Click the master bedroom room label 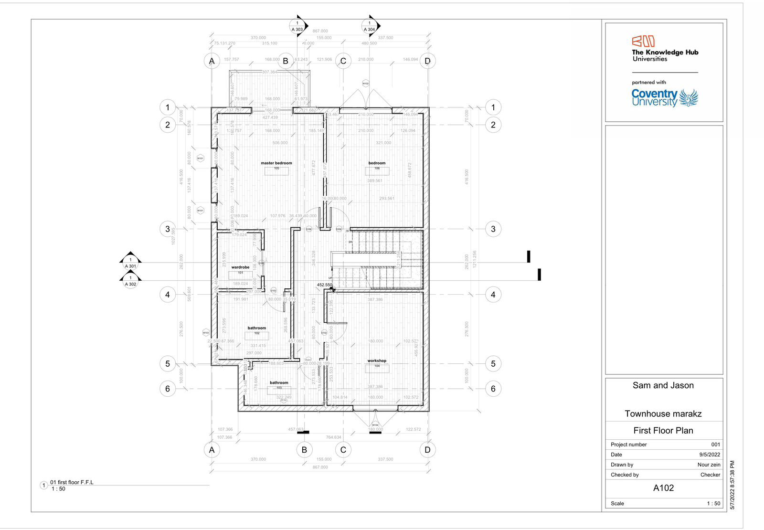pyautogui.click(x=276, y=163)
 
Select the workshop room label pyautogui.click(x=377, y=361)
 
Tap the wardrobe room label pyautogui.click(x=240, y=267)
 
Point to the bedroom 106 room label pyautogui.click(x=377, y=163)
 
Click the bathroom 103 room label pyautogui.click(x=279, y=383)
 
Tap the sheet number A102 pyautogui.click(x=663, y=488)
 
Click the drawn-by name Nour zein pyautogui.click(x=709, y=465)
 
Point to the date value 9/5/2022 pyautogui.click(x=710, y=455)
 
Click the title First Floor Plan pyautogui.click(x=663, y=431)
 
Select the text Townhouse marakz pyautogui.click(x=663, y=414)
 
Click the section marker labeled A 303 pyautogui.click(x=297, y=26)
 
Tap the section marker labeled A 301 pyautogui.click(x=130, y=263)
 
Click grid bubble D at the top pyautogui.click(x=427, y=61)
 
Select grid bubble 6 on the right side pyautogui.click(x=493, y=389)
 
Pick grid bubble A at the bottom pyautogui.click(x=212, y=450)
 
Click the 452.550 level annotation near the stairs pyautogui.click(x=324, y=285)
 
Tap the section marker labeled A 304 pyautogui.click(x=369, y=26)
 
